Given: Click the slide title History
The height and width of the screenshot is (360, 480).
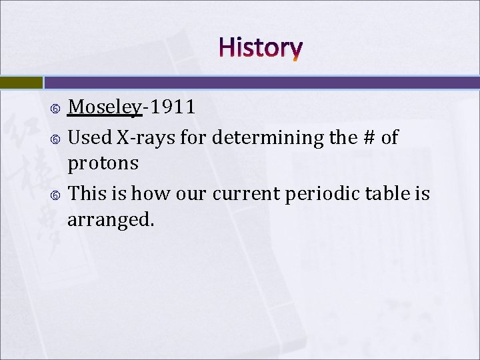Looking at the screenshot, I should point(260,48).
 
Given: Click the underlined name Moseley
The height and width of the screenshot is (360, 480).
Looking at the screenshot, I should point(105,107).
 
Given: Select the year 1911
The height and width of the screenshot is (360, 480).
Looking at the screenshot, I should point(172,107).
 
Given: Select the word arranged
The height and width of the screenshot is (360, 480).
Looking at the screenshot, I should point(111,220).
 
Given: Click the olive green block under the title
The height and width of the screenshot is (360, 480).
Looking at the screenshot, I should point(21,82).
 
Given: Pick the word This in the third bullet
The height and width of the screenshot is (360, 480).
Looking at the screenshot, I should point(87,193).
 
